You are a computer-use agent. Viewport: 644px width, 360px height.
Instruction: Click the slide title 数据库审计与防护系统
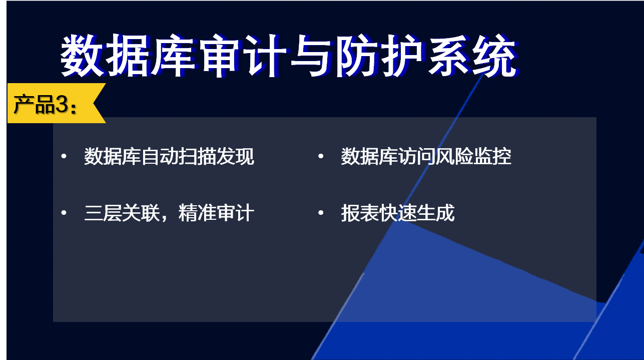coord(289,56)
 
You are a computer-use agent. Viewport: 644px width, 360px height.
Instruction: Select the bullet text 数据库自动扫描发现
coord(169,157)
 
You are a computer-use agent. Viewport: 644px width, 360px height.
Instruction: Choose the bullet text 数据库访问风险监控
coord(426,157)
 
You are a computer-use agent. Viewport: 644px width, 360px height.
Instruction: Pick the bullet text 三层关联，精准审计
coord(169,213)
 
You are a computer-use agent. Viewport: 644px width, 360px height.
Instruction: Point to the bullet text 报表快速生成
coord(398,213)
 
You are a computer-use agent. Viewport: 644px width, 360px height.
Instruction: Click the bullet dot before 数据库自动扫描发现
coord(64,156)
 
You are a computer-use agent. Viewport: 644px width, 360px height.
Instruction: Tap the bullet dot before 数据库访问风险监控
coord(321,156)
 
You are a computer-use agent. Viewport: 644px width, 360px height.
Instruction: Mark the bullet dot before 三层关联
coord(64,213)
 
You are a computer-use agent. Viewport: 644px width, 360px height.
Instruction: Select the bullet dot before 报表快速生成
coord(321,213)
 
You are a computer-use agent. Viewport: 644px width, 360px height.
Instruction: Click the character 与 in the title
coord(311,56)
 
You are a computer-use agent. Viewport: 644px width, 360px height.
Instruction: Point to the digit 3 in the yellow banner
coord(62,104)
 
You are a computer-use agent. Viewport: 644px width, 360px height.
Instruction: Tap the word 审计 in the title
coord(244,56)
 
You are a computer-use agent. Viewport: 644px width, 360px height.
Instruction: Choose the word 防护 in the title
coord(380,56)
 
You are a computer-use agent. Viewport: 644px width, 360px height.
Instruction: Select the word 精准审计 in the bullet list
coord(216,213)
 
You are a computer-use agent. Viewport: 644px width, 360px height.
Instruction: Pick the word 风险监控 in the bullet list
coord(473,157)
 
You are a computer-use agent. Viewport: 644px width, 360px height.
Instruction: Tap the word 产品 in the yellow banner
coord(34,104)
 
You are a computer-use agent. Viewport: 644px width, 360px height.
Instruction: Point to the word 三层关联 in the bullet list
coord(122,213)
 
